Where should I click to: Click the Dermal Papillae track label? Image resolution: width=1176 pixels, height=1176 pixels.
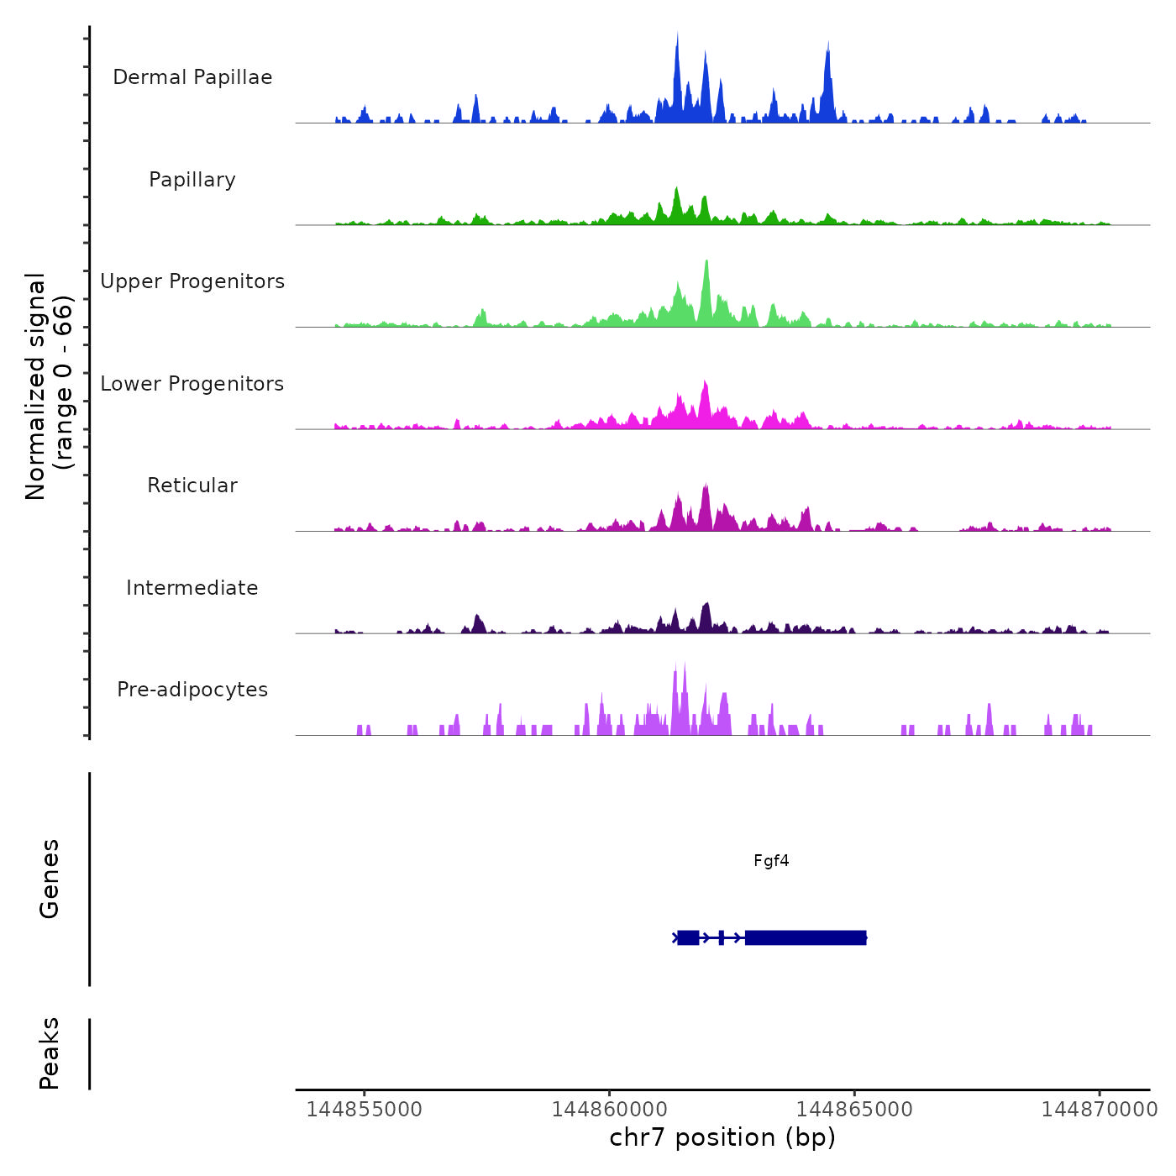[x=192, y=77]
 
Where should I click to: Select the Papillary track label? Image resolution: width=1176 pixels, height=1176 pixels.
[x=192, y=180]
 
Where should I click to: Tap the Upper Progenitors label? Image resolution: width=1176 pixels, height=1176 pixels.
[x=192, y=281]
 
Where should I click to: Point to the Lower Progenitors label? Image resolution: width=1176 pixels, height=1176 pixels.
[x=192, y=384]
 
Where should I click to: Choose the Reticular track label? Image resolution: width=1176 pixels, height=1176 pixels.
[x=192, y=486]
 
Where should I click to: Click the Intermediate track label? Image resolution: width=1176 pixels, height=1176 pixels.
[x=192, y=588]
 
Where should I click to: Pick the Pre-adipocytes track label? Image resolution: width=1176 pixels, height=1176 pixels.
[x=192, y=690]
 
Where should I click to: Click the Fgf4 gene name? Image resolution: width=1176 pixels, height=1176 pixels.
[x=771, y=861]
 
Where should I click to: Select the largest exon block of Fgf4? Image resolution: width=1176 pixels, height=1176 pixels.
[x=805, y=937]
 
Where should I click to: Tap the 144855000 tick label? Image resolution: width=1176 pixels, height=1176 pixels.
[x=365, y=1110]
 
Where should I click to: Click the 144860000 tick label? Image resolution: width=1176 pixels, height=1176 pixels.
[x=610, y=1110]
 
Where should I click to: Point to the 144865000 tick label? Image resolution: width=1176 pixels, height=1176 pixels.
[x=854, y=1110]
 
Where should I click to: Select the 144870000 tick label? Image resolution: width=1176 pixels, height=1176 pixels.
[x=1100, y=1110]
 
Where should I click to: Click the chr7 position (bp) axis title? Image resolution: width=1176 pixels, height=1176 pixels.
[x=722, y=1138]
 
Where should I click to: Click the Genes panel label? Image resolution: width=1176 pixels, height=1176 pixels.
[x=50, y=879]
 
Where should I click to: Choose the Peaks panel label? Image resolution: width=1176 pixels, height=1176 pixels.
[x=50, y=1053]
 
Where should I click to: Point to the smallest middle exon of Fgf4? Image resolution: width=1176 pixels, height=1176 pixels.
[x=722, y=937]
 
